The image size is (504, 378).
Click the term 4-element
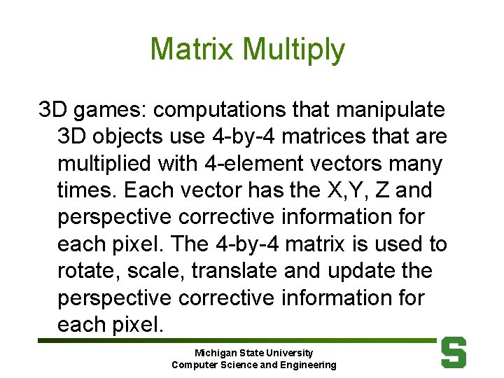point(238,164)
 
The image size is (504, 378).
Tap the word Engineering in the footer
point(307,365)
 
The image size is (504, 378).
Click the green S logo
point(453,352)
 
